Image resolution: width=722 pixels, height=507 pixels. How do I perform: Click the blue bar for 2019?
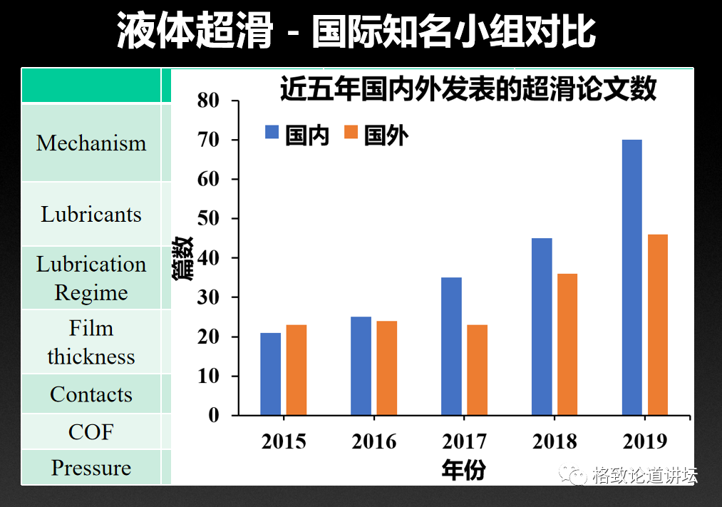point(631,277)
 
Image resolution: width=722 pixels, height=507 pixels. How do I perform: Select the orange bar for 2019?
point(658,324)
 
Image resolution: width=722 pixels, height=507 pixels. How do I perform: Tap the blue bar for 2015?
point(270,374)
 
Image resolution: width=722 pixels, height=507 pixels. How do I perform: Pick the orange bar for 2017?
point(477,370)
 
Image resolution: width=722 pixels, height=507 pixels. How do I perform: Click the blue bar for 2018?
point(542,327)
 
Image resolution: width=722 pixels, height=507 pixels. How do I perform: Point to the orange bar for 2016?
point(386,368)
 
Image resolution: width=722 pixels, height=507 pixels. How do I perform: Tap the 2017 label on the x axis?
point(464,441)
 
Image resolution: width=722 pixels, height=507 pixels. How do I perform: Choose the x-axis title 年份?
point(464,469)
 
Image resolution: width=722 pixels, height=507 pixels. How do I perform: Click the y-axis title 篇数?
point(183,259)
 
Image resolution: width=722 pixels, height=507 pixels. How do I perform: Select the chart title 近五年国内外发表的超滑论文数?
point(468,90)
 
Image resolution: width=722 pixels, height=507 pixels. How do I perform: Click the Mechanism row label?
point(91,143)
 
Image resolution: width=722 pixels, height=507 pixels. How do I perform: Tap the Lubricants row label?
point(91,215)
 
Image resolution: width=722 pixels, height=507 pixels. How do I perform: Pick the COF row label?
point(91,432)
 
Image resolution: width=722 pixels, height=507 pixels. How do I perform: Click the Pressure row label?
point(91,468)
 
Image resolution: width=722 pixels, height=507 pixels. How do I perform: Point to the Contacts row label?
point(91,394)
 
